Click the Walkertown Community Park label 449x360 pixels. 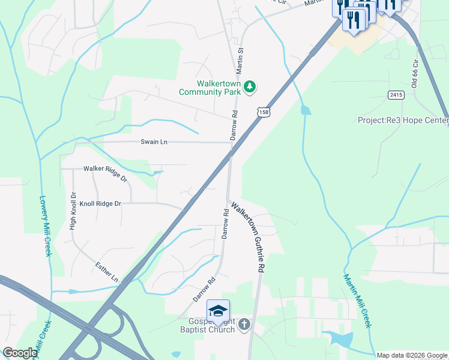pos(209,88)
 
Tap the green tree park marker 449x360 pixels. pos(250,88)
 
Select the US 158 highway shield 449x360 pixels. pos(264,112)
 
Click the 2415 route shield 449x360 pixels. pos(396,95)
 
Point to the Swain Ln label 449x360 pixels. pos(154,142)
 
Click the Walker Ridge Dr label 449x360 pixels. pos(106,174)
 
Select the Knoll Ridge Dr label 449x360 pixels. pos(96,203)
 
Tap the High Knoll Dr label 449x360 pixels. pos(73,211)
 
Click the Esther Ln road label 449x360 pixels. pos(107,272)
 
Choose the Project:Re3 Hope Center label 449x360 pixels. pos(403,120)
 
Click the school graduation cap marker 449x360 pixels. pos(218,311)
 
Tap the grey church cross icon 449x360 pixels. pos(244,325)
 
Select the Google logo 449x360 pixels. pos(20,353)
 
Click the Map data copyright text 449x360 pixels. pos(412,355)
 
